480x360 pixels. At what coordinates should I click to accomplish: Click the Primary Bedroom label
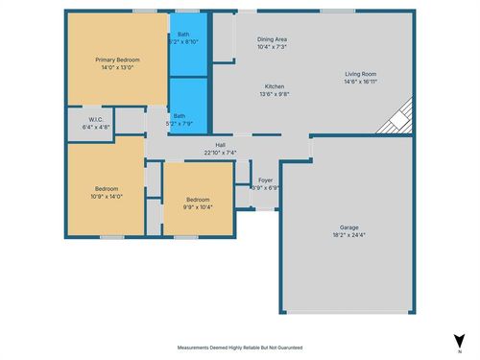click(x=117, y=60)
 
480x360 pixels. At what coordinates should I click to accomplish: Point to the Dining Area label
click(x=273, y=39)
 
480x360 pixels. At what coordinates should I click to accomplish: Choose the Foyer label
click(x=265, y=180)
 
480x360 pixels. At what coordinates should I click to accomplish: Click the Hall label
click(x=220, y=145)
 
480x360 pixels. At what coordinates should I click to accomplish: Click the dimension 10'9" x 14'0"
click(x=106, y=196)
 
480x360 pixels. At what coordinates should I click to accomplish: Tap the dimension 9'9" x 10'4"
click(x=198, y=206)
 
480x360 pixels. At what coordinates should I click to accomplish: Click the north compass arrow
click(x=458, y=338)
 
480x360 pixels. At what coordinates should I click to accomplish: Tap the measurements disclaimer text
click(x=240, y=348)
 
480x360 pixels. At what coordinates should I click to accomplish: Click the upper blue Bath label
click(x=182, y=35)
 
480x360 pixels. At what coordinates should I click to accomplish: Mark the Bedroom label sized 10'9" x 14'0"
click(x=106, y=188)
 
